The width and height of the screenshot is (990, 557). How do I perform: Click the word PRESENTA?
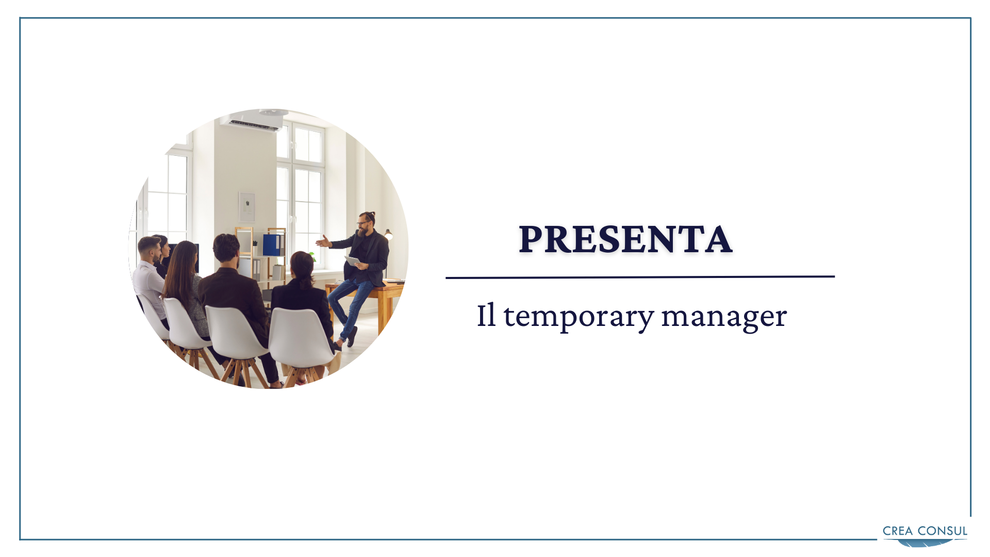[625, 239]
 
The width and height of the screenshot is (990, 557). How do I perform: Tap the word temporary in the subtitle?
[579, 316]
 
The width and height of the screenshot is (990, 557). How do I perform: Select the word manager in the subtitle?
[724, 316]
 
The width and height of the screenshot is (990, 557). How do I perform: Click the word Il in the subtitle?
[486, 315]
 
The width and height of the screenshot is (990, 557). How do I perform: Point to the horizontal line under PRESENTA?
[640, 277]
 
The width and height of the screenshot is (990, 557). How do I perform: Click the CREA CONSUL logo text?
[925, 531]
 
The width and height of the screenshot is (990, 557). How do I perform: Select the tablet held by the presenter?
[353, 261]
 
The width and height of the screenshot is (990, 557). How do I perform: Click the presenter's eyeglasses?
[363, 223]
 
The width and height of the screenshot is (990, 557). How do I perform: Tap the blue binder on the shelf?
[272, 245]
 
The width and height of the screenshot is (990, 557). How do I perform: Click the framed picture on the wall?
[247, 207]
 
